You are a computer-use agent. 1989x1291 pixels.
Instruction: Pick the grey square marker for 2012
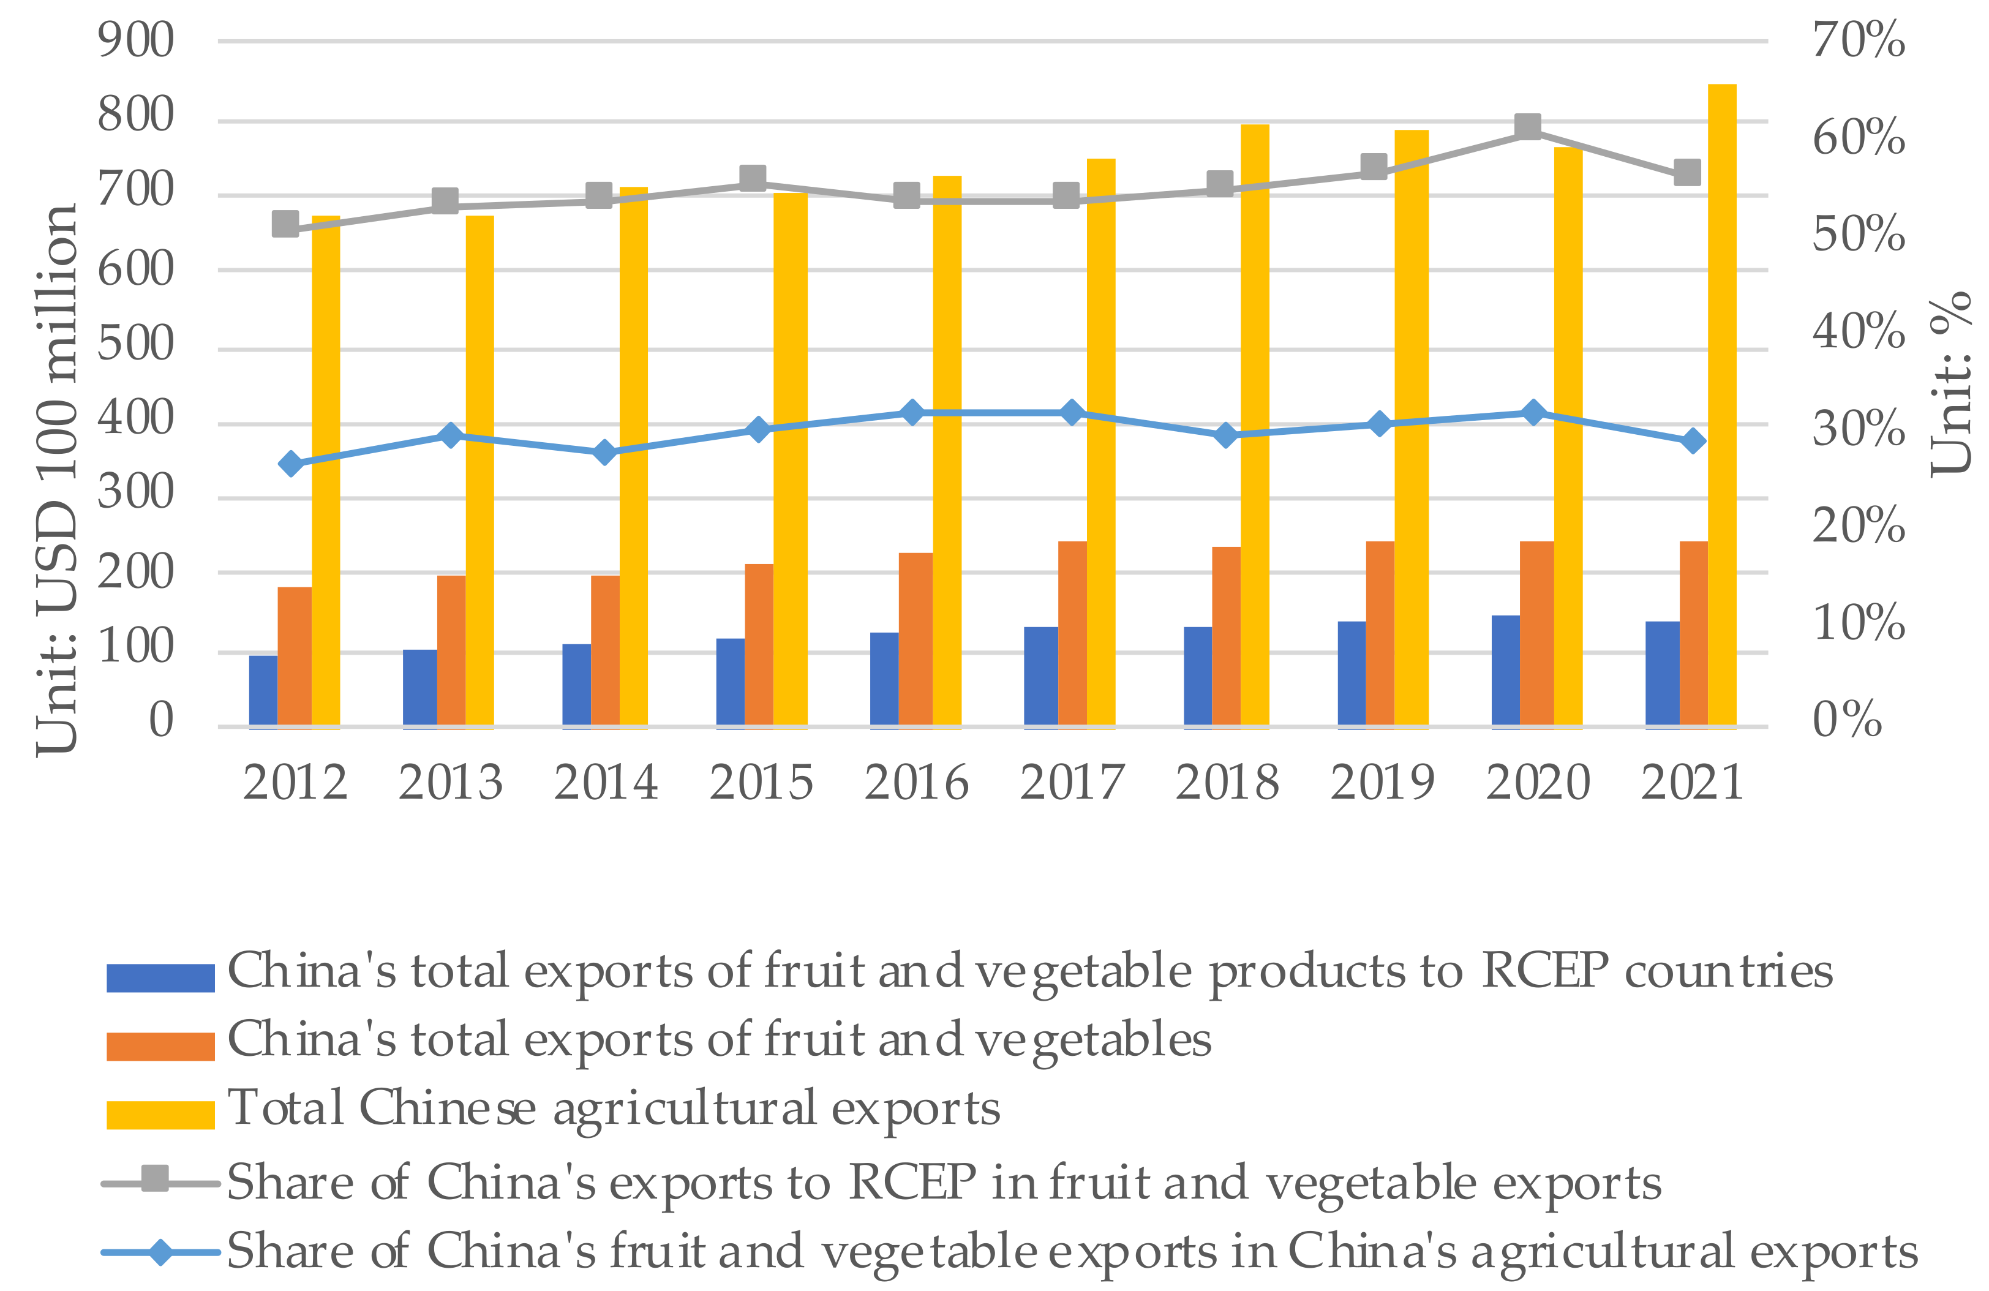pyautogui.click(x=286, y=224)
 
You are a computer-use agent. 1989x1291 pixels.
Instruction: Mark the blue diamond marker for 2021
pyautogui.click(x=1693, y=440)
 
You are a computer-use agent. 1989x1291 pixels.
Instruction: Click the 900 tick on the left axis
pyautogui.click(x=135, y=40)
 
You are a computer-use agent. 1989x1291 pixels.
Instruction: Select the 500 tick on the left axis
pyautogui.click(x=135, y=344)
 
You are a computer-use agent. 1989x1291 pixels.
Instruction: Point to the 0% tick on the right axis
pyautogui.click(x=1847, y=720)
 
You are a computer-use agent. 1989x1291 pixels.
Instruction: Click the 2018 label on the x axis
pyautogui.click(x=1226, y=783)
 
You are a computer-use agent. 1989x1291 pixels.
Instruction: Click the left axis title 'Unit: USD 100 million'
pyautogui.click(x=57, y=481)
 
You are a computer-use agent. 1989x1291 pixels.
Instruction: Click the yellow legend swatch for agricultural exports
pyautogui.click(x=160, y=1115)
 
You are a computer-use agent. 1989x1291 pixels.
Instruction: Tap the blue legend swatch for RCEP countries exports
pyautogui.click(x=160, y=977)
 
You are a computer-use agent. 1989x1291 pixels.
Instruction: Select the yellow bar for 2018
pyautogui.click(x=1254, y=426)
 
